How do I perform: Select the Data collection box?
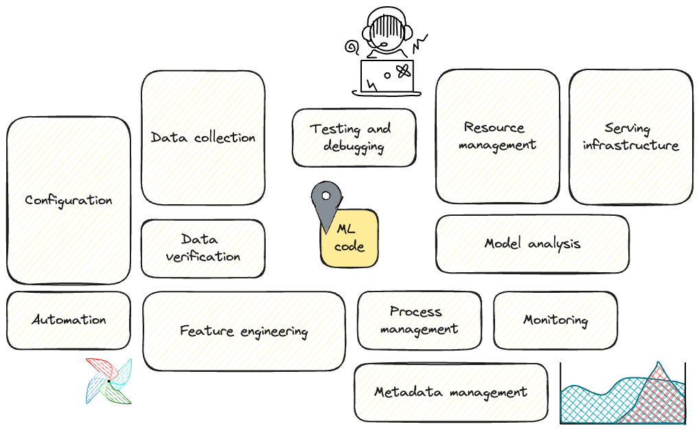pos(203,137)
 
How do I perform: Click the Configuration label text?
pos(69,201)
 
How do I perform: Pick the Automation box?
pos(69,320)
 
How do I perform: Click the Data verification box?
pos(203,248)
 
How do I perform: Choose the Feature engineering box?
pos(244,331)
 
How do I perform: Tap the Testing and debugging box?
pos(354,137)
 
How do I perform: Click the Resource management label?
pos(497,136)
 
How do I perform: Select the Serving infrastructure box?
pos(630,137)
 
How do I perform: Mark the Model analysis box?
pos(532,243)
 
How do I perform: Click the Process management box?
pos(419,320)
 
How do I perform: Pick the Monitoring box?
pos(555,320)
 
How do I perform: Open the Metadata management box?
pos(450,393)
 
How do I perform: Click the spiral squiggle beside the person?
pos(353,47)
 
